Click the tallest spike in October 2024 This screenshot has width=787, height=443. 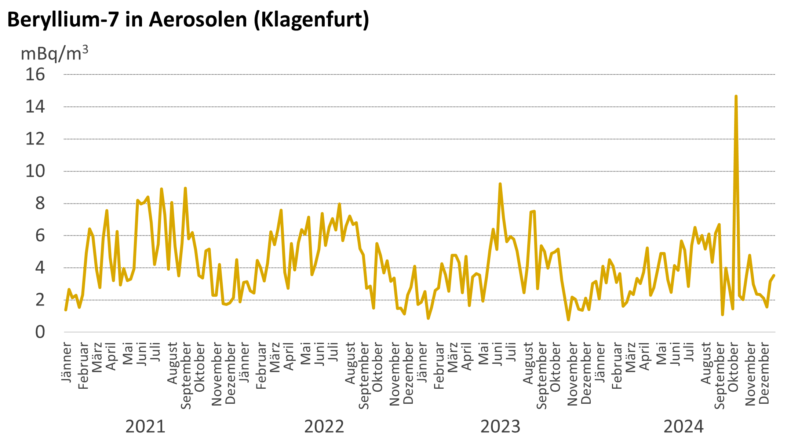pos(736,96)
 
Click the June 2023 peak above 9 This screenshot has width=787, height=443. pos(500,184)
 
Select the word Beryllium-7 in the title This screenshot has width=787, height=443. pos(63,19)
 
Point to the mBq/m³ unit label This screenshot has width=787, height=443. pos(54,54)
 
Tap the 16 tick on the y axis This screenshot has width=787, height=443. pos(35,74)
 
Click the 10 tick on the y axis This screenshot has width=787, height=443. pos(35,171)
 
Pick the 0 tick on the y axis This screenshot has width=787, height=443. pos(40,332)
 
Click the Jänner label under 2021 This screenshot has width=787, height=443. pos(67,362)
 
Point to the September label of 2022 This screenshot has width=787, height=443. pos(364,376)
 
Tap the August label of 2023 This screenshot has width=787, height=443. pos(528,363)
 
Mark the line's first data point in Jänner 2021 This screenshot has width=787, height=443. pos(66,310)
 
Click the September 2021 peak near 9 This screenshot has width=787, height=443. pos(185,188)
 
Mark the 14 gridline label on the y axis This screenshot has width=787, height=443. pos(35,107)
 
